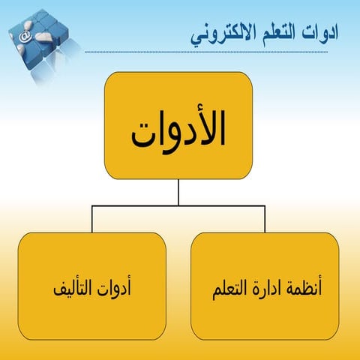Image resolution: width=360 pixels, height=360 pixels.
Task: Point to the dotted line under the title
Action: click(217, 52)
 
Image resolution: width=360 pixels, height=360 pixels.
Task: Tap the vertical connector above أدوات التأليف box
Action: click(92, 219)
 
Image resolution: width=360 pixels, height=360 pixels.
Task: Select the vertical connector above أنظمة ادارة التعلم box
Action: click(265, 219)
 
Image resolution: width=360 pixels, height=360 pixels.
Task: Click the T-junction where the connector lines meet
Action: click(178, 206)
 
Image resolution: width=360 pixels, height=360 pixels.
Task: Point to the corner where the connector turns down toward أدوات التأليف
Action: click(92, 206)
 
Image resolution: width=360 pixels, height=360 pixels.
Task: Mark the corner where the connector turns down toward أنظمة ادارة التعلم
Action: click(265, 206)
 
